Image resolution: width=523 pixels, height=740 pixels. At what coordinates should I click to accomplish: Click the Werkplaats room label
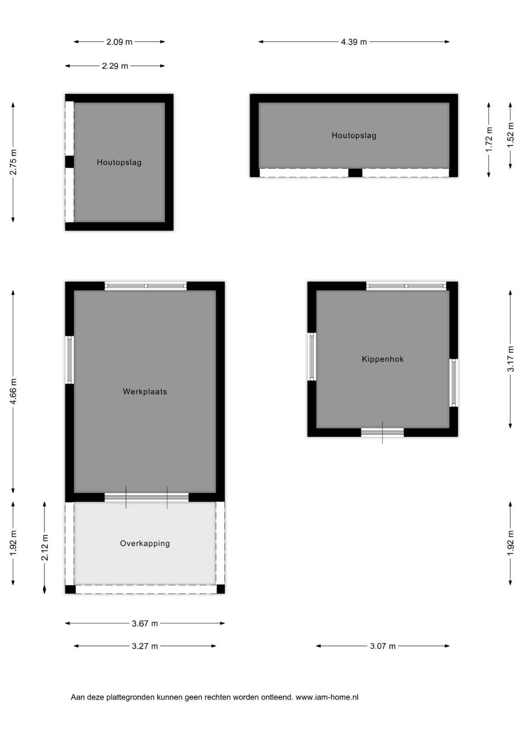click(x=145, y=391)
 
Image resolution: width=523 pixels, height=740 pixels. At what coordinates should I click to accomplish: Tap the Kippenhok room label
click(x=383, y=359)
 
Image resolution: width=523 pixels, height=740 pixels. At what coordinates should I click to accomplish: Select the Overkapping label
click(x=145, y=543)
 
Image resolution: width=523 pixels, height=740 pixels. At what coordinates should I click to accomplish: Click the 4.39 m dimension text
click(x=354, y=42)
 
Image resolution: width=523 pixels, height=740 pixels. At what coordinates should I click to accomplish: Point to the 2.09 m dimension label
click(x=119, y=42)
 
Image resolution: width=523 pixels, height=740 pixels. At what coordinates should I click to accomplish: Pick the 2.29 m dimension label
click(x=115, y=66)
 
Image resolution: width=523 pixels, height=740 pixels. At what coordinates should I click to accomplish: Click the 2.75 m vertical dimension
click(x=13, y=162)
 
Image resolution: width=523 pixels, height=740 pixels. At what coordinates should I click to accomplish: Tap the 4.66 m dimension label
click(x=13, y=391)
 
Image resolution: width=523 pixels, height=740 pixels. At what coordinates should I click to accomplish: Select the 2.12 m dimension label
click(x=44, y=547)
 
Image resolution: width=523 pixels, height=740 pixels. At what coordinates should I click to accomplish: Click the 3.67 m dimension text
click(x=145, y=624)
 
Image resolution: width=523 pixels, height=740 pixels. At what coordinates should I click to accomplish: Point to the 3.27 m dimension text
click(x=145, y=646)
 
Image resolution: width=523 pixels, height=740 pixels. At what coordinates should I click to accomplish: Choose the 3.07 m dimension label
click(x=383, y=646)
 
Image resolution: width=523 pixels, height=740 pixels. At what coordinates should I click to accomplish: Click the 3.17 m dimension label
click(x=511, y=359)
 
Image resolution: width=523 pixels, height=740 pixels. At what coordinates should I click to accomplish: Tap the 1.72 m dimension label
click(x=489, y=139)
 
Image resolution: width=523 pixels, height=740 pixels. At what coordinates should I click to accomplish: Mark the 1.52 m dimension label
click(x=511, y=135)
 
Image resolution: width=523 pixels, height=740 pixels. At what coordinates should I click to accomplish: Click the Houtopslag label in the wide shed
click(x=354, y=135)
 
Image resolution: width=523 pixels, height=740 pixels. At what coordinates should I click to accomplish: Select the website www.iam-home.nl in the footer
click(x=327, y=697)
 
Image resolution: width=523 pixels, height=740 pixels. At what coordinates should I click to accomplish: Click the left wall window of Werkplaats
click(x=69, y=359)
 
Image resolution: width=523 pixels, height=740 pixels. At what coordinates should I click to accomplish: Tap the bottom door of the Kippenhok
click(x=382, y=432)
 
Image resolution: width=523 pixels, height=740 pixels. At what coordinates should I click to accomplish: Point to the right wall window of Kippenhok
click(x=453, y=382)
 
